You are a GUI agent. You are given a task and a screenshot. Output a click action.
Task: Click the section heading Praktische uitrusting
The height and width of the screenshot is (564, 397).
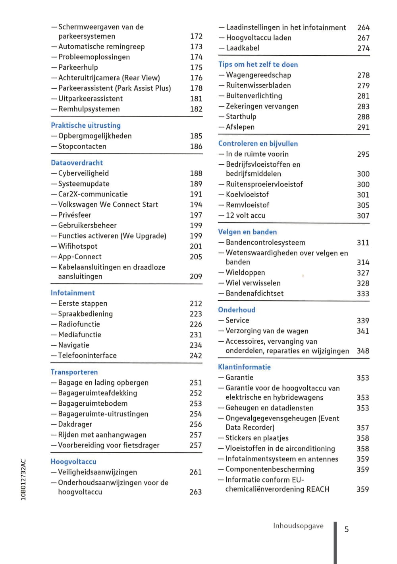(86, 125)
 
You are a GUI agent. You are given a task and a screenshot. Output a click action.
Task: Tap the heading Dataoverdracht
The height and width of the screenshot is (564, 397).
(77, 163)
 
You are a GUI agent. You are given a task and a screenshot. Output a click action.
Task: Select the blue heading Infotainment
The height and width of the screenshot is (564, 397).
(73, 293)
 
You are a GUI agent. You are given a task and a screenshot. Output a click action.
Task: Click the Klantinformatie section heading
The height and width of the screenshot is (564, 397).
(244, 367)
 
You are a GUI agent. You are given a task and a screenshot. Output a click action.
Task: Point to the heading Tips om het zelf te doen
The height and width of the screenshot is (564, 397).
(258, 64)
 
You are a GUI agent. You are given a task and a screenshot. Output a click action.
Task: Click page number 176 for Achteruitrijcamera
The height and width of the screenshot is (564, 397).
(196, 78)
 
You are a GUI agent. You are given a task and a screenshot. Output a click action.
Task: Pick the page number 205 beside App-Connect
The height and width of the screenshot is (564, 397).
(196, 257)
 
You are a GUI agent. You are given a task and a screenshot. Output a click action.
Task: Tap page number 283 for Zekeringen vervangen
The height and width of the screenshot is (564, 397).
(363, 107)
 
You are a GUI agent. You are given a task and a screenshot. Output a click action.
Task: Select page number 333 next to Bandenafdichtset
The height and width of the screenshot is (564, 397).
(363, 294)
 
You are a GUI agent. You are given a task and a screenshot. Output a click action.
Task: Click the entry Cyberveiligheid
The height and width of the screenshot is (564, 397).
(83, 173)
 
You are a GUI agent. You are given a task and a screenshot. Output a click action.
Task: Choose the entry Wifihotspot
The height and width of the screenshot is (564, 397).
(78, 247)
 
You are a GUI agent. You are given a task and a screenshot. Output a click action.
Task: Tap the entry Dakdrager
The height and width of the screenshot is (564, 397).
(75, 424)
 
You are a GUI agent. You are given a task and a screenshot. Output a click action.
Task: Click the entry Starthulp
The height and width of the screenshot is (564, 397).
(241, 117)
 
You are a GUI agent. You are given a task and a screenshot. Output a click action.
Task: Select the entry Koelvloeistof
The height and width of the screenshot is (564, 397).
(247, 195)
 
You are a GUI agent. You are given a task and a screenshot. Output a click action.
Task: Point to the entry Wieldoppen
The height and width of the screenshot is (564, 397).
(245, 273)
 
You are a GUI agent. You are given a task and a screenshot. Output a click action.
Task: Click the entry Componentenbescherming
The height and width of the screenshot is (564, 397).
(270, 469)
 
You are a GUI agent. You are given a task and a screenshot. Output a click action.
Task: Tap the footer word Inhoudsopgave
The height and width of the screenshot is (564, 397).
(298, 526)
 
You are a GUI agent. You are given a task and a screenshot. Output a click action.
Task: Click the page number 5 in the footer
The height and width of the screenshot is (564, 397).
(347, 529)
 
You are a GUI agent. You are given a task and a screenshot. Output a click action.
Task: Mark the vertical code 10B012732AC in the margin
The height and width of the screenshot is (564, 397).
(23, 480)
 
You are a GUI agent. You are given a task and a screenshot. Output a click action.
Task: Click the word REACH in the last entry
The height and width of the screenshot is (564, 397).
(318, 489)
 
